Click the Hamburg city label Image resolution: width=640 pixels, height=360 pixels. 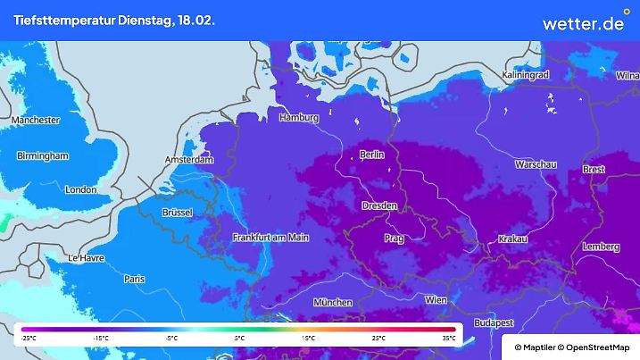coord(299,118)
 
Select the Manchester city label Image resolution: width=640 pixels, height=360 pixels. coord(36,120)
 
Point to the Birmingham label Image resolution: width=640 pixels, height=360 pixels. coord(43,155)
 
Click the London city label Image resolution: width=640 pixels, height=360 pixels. coord(80,189)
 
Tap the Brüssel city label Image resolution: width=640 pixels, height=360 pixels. coord(184,213)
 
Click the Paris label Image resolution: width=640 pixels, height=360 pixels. coord(135,279)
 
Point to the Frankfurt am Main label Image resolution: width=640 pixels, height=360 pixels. coord(270,238)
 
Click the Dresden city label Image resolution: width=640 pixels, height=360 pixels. coord(379,205)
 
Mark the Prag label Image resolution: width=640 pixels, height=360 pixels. coord(394,239)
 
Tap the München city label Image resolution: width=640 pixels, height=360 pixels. coord(332,303)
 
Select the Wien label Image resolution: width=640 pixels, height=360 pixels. coord(436,299)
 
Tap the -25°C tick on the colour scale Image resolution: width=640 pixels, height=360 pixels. coord(29,339)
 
